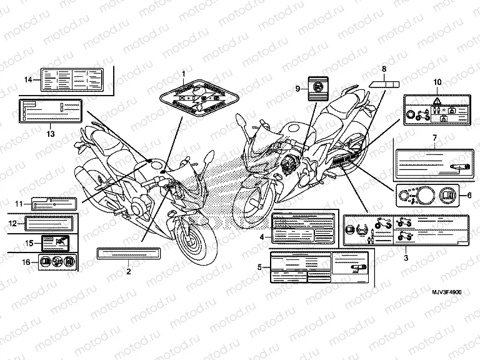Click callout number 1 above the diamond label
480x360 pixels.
(x=184, y=74)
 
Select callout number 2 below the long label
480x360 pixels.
(x=128, y=271)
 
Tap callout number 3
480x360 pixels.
(x=406, y=257)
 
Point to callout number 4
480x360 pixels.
(x=262, y=237)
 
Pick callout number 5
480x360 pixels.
(x=260, y=267)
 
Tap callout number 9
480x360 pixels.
(x=298, y=88)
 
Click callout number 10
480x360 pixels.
(x=437, y=82)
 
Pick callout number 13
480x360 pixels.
(x=51, y=133)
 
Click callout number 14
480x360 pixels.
(x=27, y=79)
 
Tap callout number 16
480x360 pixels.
(x=26, y=261)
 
